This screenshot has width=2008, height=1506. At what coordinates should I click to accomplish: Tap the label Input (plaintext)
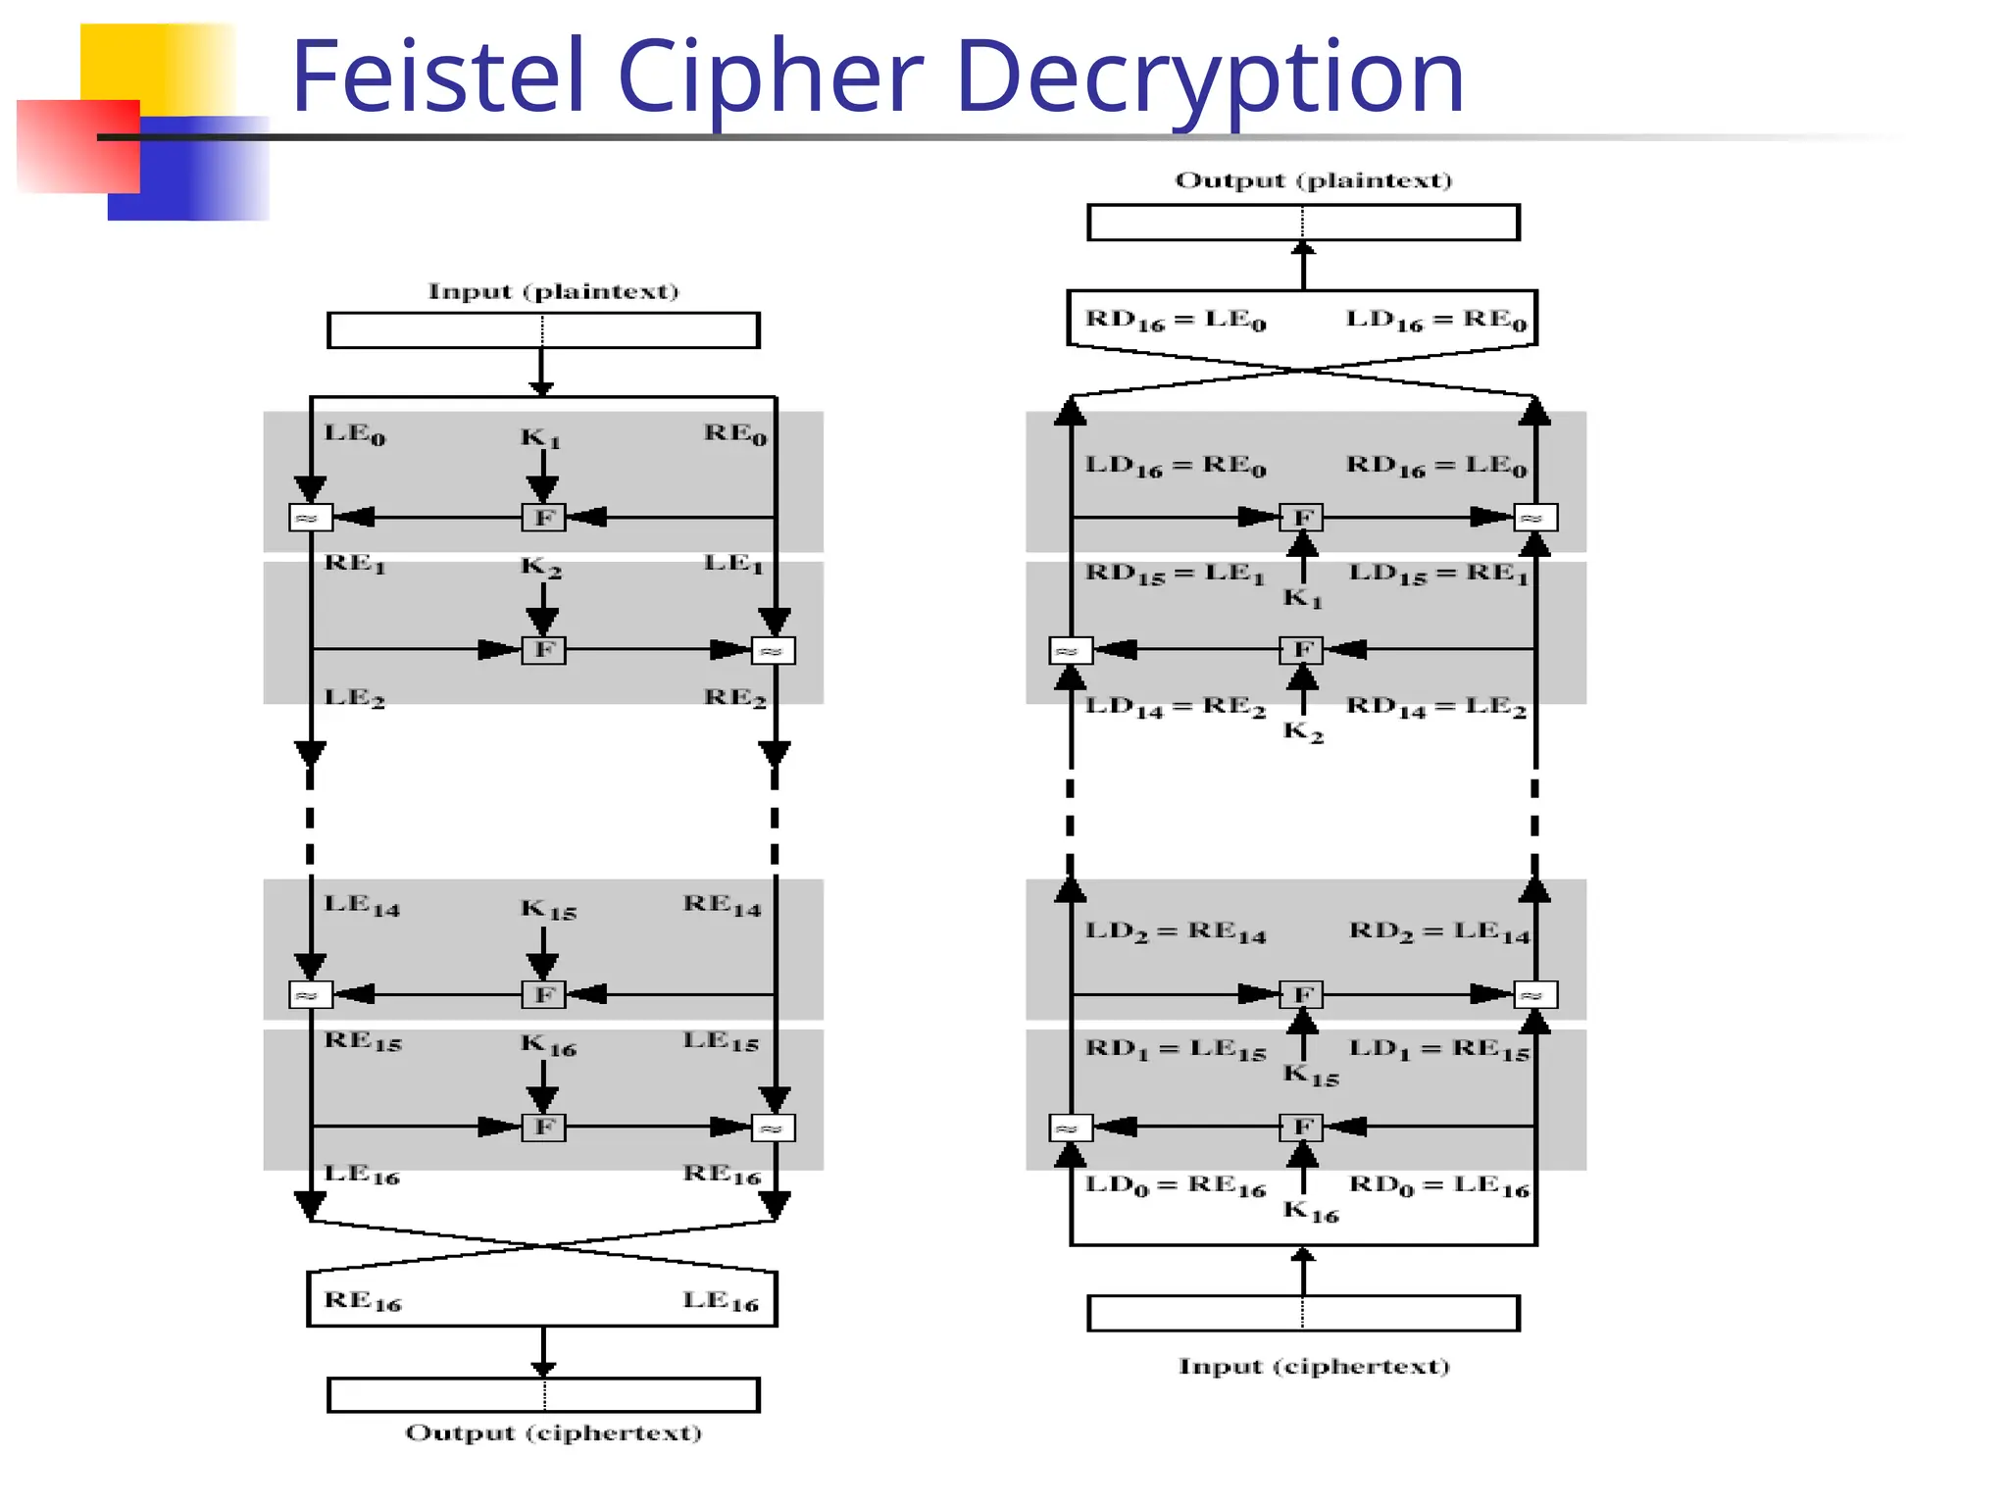(x=553, y=291)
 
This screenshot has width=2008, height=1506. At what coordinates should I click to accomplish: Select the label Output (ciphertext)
(x=553, y=1432)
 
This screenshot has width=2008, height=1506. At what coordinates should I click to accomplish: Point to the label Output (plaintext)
(x=1313, y=180)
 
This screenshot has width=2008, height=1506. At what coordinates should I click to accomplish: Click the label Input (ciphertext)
(x=1313, y=1366)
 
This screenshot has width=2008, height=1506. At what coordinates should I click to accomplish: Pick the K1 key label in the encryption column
(x=540, y=437)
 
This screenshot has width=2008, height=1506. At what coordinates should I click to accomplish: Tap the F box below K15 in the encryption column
(x=543, y=994)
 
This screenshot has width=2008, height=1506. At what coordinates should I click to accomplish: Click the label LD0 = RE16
(x=1175, y=1185)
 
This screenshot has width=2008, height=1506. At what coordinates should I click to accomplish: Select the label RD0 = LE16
(x=1438, y=1185)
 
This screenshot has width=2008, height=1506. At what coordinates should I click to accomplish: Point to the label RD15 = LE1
(x=1175, y=574)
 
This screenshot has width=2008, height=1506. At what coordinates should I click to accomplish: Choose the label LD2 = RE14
(x=1175, y=931)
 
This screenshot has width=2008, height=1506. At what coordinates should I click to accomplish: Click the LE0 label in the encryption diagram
(x=355, y=433)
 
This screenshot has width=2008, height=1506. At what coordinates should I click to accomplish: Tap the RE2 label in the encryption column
(x=734, y=697)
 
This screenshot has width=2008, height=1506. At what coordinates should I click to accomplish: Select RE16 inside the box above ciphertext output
(x=363, y=1301)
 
